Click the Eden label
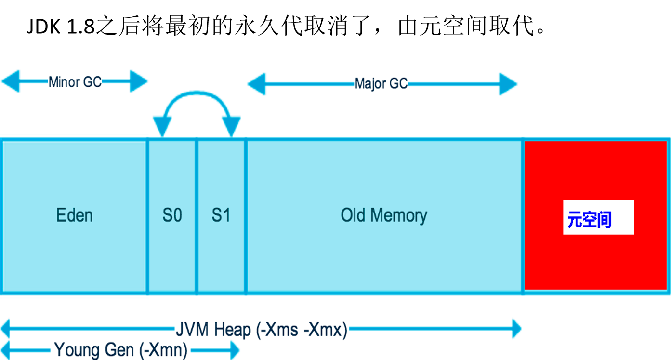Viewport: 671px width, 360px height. coord(75,215)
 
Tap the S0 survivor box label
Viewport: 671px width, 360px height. coord(172,215)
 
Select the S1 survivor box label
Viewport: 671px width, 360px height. coord(221,215)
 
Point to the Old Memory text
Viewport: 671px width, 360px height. coord(384,215)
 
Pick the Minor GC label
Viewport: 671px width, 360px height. coord(75,82)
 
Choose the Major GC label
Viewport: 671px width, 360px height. coord(381,84)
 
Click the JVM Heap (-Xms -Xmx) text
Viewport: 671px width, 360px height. coord(261,330)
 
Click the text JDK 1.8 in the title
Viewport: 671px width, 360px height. coord(61,27)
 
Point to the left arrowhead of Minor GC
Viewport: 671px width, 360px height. coord(11,81)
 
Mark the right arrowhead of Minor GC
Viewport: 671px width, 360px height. coord(138,81)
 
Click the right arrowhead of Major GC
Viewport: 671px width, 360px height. coord(508,84)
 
